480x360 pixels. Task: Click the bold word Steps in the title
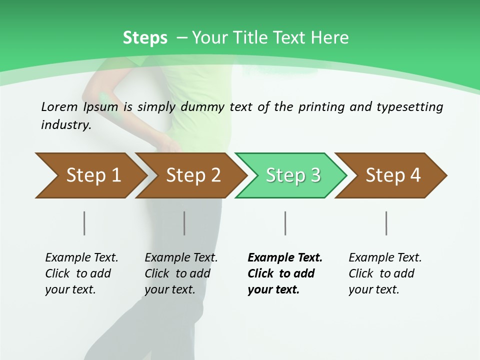145,38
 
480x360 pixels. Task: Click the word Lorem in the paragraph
59,107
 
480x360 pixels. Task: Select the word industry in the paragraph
66,125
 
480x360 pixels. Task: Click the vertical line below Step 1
84,223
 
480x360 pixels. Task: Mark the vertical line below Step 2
184,223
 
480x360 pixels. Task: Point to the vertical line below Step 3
285,223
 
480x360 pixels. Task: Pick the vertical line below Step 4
386,223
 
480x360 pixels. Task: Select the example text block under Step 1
81,273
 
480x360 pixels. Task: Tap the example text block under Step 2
181,273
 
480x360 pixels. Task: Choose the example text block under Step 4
385,273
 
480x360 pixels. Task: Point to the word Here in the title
329,38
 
